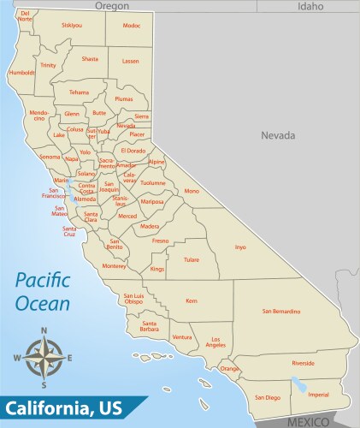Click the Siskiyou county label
coord(72,26)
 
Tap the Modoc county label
coord(131,26)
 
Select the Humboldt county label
coord(21,73)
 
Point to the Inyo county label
coord(240,247)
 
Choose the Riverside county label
coord(303,363)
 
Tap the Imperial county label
coord(318,395)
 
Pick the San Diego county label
coord(268,397)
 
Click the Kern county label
coord(192,300)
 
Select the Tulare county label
coord(191,258)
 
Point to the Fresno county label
coord(161,241)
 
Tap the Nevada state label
coord(278,135)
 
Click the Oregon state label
coord(112,6)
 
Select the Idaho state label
coord(310,6)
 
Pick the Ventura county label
coord(182,338)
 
